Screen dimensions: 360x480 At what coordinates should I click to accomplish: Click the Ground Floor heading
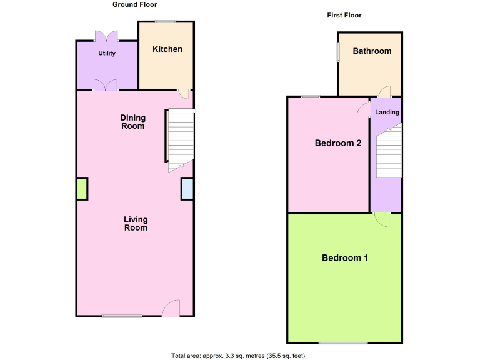[134, 4]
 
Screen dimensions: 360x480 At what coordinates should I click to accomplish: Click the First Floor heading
[344, 15]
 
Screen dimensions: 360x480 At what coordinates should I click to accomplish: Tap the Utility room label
[107, 53]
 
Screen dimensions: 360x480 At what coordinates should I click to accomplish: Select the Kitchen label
[167, 49]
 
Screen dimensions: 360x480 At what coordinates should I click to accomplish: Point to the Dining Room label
[132, 122]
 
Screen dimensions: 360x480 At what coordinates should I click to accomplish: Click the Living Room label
[136, 224]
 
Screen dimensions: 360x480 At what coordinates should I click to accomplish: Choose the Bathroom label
[372, 51]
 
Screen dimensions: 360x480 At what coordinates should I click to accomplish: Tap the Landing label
[387, 112]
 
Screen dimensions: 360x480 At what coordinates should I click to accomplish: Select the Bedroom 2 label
[338, 142]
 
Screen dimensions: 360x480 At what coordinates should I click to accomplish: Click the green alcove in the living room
[82, 189]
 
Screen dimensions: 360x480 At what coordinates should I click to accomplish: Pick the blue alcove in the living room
[187, 189]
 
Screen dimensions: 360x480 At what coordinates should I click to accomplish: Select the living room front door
[170, 309]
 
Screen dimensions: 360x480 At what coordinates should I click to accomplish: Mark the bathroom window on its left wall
[338, 52]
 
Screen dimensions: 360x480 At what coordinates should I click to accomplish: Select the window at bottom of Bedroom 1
[342, 342]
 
